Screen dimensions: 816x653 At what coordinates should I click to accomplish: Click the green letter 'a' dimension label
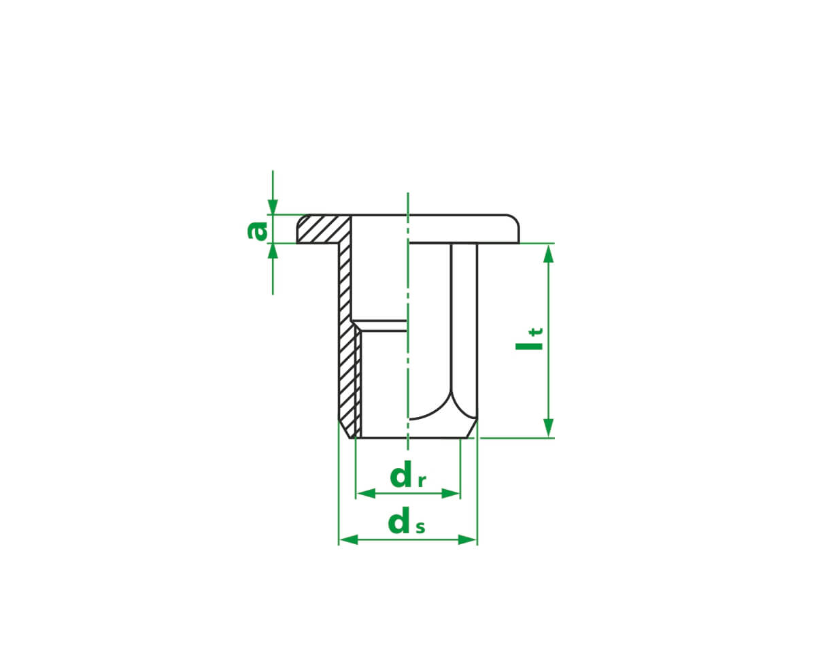(x=257, y=231)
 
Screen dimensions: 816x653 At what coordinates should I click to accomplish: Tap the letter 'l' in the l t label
(x=529, y=346)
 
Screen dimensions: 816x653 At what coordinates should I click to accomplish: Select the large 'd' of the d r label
(x=401, y=475)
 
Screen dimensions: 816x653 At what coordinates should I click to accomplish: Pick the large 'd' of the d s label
(x=399, y=520)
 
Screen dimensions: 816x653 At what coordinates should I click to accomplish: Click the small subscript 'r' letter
(x=422, y=482)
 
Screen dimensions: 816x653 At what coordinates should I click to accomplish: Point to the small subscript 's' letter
(x=420, y=527)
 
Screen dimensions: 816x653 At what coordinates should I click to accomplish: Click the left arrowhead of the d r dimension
(x=366, y=494)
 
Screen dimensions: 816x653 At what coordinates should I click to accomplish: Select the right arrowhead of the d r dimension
(x=451, y=494)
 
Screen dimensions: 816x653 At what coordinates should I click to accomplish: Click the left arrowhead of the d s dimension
(x=348, y=539)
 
